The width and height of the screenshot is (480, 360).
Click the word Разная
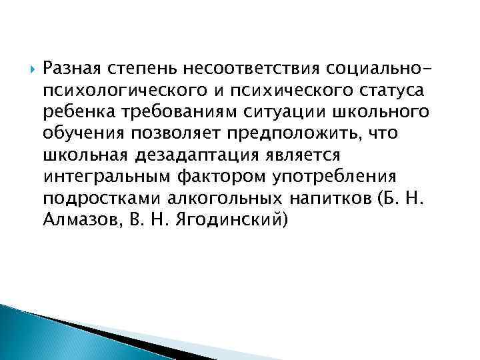70,68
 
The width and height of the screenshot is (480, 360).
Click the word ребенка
73,111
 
